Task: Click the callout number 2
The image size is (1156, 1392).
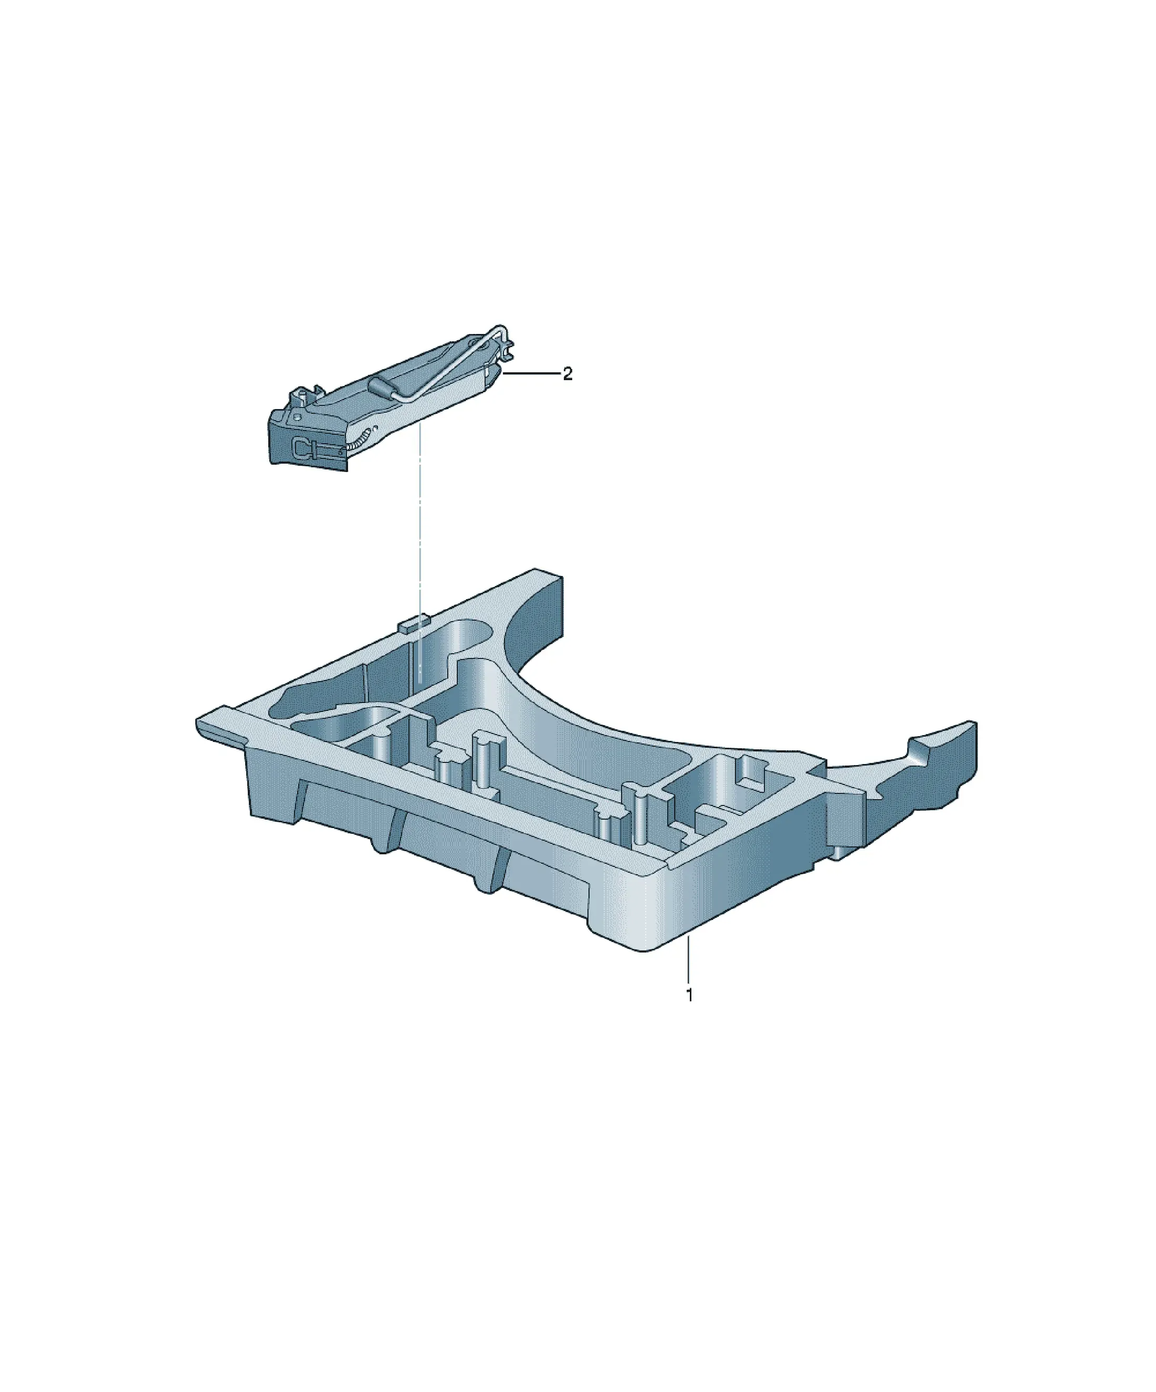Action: point(568,374)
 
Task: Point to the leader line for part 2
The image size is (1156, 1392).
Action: point(532,374)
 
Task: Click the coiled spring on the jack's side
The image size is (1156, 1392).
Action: point(355,440)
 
